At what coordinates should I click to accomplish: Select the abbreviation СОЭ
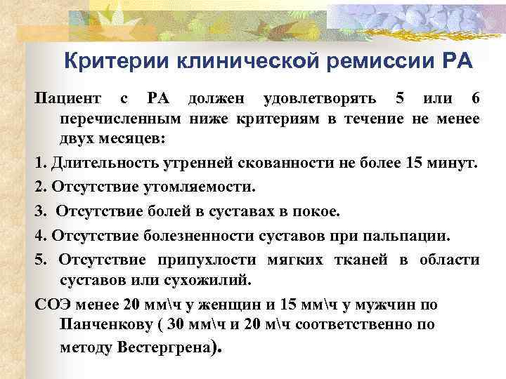tap(52, 305)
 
